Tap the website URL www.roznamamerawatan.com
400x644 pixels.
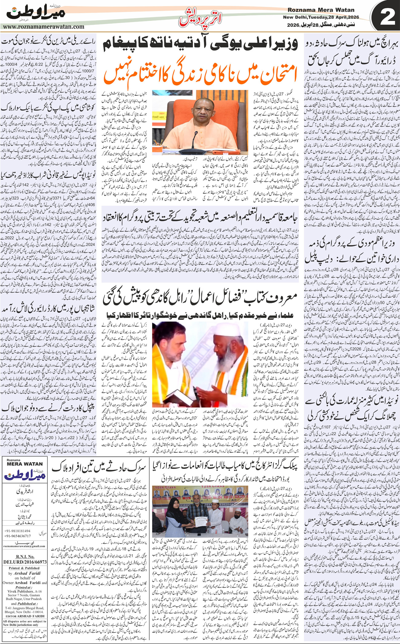coord(44,27)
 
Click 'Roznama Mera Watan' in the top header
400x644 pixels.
coord(321,10)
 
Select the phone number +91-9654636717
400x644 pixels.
coord(18,536)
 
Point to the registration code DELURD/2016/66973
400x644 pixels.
coord(25,562)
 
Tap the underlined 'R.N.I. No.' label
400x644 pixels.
coord(25,556)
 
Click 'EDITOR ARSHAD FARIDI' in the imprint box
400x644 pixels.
coord(24,616)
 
